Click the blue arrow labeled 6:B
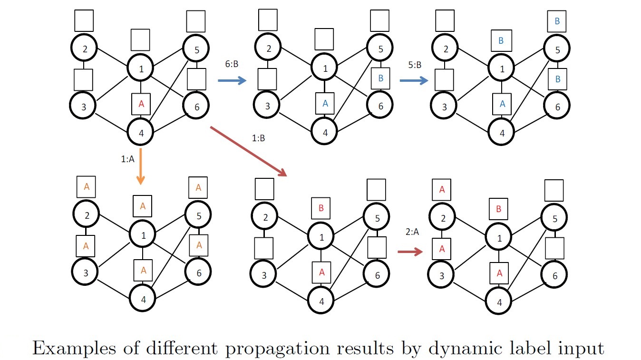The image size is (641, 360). (232, 81)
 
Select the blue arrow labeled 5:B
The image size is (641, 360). (414, 81)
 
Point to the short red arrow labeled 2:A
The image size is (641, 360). (410, 252)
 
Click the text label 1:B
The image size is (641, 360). (258, 138)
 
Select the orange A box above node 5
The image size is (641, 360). (198, 188)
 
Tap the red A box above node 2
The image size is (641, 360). (442, 190)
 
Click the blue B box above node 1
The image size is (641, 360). (501, 41)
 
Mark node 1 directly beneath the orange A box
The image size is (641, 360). (143, 234)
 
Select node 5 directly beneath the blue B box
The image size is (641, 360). (557, 49)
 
